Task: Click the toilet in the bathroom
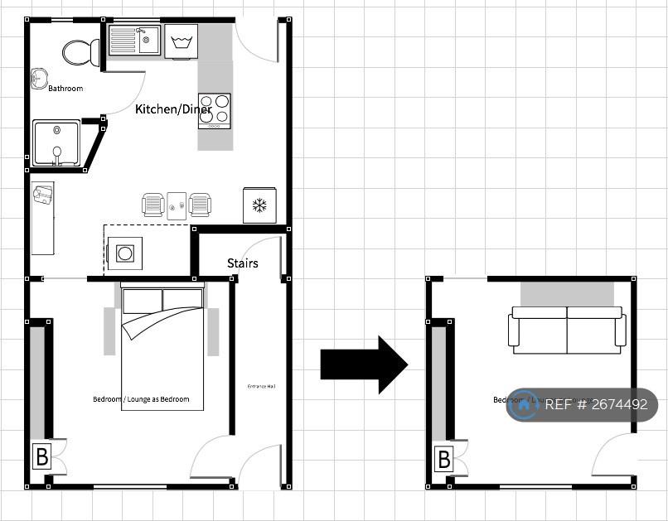(x=80, y=53)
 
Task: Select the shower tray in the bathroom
(x=56, y=142)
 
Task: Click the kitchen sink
(x=134, y=40)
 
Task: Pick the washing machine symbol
(x=181, y=41)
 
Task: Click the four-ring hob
(x=214, y=111)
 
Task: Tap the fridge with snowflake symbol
(x=259, y=205)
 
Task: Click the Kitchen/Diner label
(x=173, y=109)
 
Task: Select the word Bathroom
(x=65, y=88)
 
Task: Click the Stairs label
(x=242, y=263)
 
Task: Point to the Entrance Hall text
(x=261, y=386)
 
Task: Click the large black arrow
(x=363, y=364)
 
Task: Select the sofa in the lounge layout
(x=567, y=330)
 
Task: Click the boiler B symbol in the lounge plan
(x=443, y=458)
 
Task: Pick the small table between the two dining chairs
(x=177, y=205)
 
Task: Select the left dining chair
(x=153, y=205)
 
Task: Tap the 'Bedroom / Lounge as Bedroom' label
(x=141, y=399)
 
